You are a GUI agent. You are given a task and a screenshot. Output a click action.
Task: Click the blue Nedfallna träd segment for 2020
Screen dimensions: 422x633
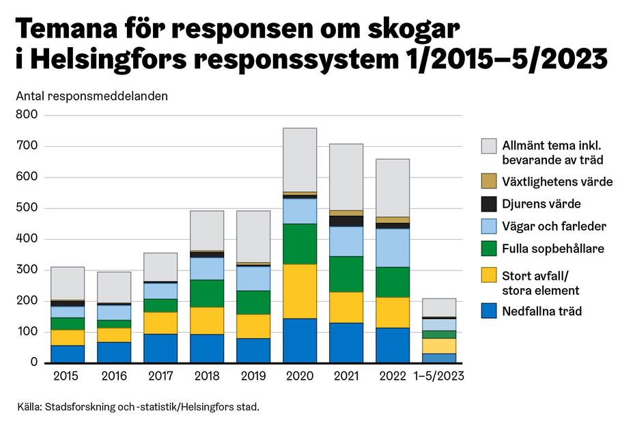pyautogui.click(x=300, y=340)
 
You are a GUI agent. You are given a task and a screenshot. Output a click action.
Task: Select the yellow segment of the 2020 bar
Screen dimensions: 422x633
pyautogui.click(x=300, y=291)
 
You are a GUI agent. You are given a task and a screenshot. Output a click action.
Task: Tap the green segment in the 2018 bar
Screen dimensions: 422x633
pyautogui.click(x=207, y=293)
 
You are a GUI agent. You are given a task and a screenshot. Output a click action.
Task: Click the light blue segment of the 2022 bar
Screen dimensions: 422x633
pyautogui.click(x=393, y=247)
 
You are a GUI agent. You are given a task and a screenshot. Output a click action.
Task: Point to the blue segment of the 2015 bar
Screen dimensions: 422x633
pyautogui.click(x=68, y=354)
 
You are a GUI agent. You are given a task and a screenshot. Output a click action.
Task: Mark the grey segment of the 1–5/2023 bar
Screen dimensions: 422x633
pyautogui.click(x=439, y=307)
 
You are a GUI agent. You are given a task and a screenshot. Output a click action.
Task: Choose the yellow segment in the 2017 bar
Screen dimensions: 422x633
pyautogui.click(x=160, y=322)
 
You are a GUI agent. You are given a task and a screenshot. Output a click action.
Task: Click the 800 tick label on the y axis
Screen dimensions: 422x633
pyautogui.click(x=27, y=115)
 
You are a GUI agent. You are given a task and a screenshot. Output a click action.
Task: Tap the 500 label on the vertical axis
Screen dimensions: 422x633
pyautogui.click(x=27, y=208)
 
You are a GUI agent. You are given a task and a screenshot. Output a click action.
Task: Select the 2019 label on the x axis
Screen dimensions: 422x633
pyautogui.click(x=253, y=376)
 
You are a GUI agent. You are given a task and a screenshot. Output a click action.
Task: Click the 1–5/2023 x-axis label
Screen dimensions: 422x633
pyautogui.click(x=439, y=376)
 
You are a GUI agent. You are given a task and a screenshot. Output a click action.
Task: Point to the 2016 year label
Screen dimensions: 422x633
pyautogui.click(x=113, y=376)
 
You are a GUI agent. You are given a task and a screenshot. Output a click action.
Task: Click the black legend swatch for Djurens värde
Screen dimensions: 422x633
pyautogui.click(x=488, y=203)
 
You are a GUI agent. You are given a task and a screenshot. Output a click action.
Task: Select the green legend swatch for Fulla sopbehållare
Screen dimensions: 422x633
pyautogui.click(x=488, y=249)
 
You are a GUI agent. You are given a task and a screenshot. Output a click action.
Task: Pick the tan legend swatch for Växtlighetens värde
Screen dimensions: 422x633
pyautogui.click(x=488, y=182)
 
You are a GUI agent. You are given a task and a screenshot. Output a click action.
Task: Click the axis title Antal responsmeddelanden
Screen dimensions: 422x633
pyautogui.click(x=92, y=96)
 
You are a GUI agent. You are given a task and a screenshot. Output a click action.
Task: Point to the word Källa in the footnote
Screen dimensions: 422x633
pyautogui.click(x=29, y=408)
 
